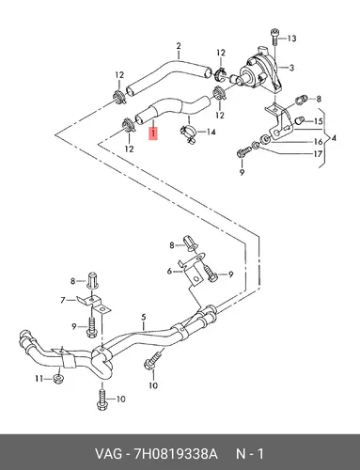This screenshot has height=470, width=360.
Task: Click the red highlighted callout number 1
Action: pos(153,133)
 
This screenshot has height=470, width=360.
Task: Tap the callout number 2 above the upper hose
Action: pos(179,46)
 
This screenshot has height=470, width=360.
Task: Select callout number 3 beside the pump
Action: pos(291,68)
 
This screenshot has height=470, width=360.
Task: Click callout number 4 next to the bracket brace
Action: pos(334,137)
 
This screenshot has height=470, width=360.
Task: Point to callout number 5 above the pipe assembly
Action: pos(144,317)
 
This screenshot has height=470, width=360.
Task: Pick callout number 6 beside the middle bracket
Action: pos(169,271)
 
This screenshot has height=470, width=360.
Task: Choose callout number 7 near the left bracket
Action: pos(63,300)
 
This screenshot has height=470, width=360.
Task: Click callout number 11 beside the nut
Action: pos(39,379)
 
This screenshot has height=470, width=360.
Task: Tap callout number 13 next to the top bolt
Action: pos(291,39)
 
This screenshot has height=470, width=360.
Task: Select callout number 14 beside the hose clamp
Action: pos(211,132)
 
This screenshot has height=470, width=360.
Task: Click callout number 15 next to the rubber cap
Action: pos(319,121)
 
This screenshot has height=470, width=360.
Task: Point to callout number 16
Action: pos(319,142)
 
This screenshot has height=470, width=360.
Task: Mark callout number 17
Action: pos(318,154)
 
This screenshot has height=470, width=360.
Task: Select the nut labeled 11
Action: pos(57,379)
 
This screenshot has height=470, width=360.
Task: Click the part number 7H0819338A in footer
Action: pos(176,454)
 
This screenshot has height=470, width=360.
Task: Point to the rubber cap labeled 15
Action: pos(300,120)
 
